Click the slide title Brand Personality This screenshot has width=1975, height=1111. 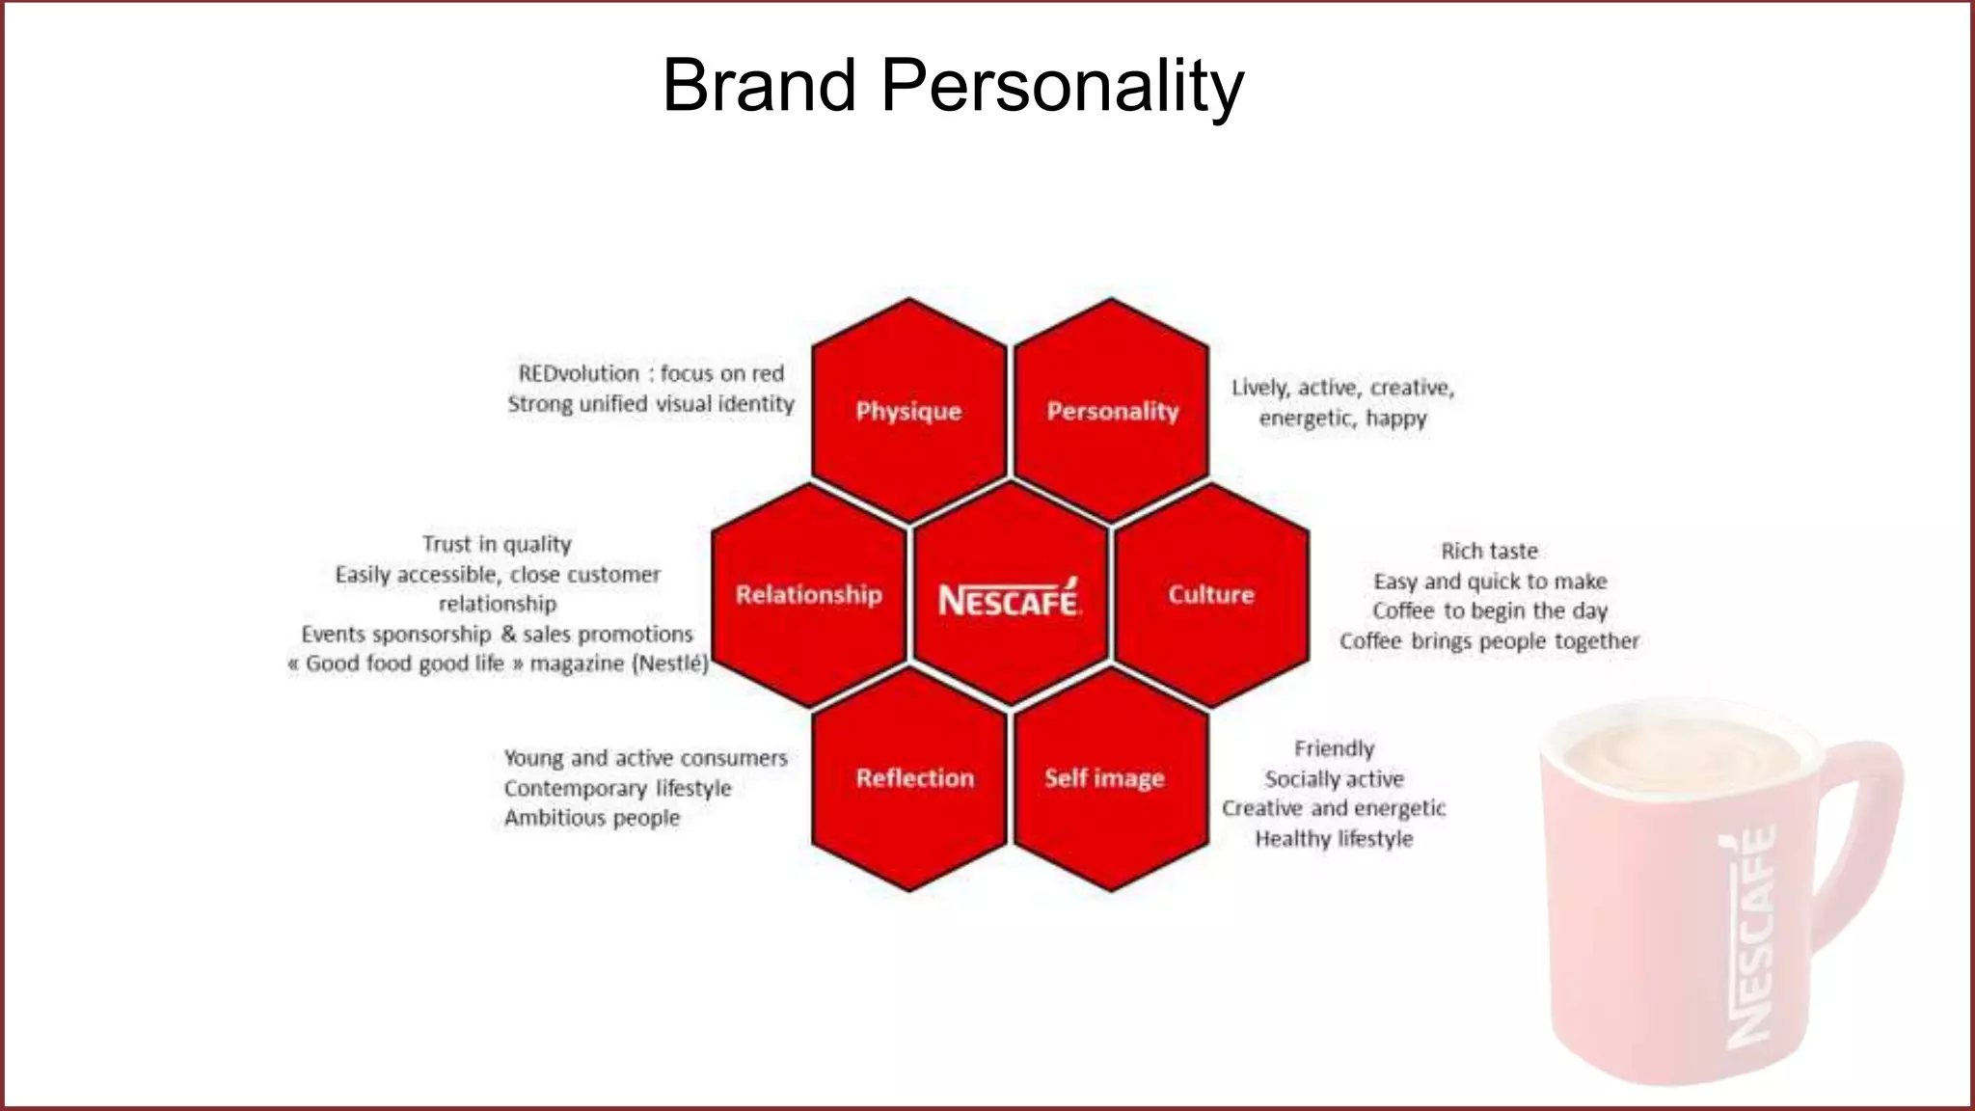(953, 85)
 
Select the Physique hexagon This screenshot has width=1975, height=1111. (908, 411)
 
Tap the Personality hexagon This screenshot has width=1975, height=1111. (1112, 411)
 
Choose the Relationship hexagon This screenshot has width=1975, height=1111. (808, 594)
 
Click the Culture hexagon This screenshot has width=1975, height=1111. (1211, 594)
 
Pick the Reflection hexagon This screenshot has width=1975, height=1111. (914, 778)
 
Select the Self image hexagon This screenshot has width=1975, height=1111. (1105, 778)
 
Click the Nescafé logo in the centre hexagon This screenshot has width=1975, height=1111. (1009, 599)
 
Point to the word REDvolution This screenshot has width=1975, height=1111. (579, 373)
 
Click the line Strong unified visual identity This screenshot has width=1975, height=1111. (651, 404)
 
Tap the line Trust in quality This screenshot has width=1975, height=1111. (497, 544)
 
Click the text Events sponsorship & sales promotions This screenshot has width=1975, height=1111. (497, 634)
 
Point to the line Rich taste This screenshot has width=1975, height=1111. (1489, 551)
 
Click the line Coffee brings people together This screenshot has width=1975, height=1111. (1489, 641)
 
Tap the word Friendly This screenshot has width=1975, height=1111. (1334, 748)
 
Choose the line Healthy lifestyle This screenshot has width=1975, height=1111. (1334, 839)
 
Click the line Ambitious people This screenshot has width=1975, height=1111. (591, 818)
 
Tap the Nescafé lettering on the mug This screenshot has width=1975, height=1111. (1750, 935)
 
